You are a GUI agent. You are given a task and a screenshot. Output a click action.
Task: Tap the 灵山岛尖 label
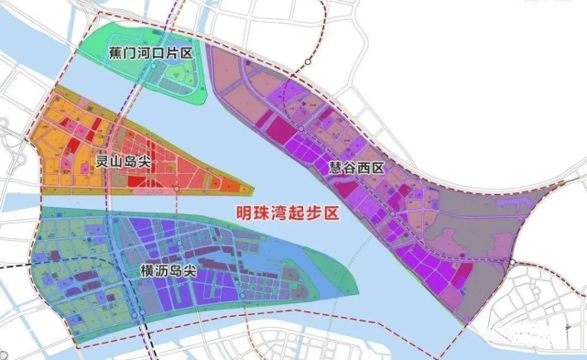pyautogui.click(x=124, y=161)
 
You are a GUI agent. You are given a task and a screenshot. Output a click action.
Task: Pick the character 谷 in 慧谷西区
pyautogui.click(x=347, y=169)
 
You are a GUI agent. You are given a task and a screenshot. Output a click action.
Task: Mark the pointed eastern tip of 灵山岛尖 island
pyautogui.click(x=252, y=188)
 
